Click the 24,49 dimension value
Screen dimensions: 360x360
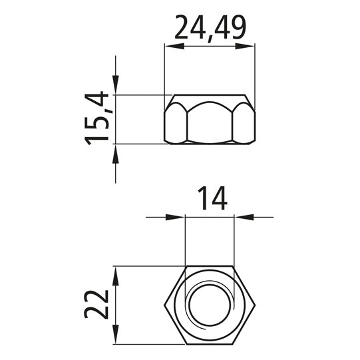[210, 29]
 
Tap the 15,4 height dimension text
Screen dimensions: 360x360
[96, 118]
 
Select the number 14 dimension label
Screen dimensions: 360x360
[212, 198]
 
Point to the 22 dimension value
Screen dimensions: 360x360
[96, 305]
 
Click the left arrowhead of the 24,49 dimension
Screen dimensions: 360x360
[174, 46]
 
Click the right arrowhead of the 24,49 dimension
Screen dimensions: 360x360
[245, 46]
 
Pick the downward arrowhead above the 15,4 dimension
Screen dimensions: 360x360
[116, 85]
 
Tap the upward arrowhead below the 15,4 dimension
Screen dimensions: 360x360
[116, 154]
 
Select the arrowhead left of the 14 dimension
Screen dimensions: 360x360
[175, 217]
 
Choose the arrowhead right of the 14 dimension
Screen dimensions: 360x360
[244, 217]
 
